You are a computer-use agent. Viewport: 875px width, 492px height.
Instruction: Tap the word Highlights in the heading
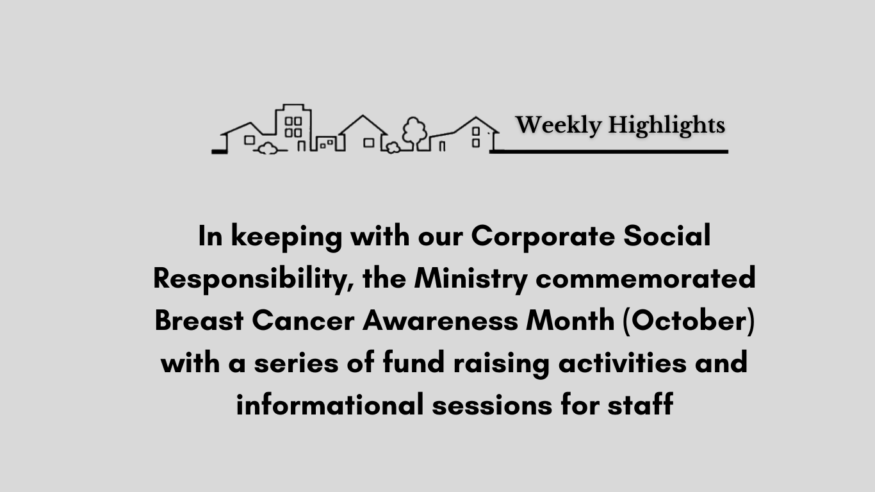coord(667,126)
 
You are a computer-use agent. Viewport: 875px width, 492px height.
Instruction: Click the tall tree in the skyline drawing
coord(414,132)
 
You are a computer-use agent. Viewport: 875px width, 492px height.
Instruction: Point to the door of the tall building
coord(301,146)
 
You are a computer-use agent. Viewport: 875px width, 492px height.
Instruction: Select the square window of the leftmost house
coord(249,140)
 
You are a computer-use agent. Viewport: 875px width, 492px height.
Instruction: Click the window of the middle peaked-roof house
coord(369,143)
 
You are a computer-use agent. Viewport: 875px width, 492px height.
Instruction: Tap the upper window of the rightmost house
coord(476,131)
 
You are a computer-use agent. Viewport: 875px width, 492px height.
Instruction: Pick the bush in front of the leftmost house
coord(267,149)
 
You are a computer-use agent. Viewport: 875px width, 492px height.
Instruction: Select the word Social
coord(667,235)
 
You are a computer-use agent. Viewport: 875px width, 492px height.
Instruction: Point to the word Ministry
coord(471,279)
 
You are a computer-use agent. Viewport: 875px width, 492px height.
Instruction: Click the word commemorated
coord(645,278)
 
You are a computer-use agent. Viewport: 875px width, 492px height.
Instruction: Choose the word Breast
coord(199,320)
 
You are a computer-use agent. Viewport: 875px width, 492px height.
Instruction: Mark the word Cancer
coord(303,320)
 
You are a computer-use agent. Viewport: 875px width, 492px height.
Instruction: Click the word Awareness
coord(440,320)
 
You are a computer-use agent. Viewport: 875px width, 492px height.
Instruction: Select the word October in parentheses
coord(689,320)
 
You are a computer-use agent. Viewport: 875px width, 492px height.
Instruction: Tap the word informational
coord(330,404)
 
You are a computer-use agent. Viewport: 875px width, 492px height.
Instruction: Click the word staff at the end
coord(640,404)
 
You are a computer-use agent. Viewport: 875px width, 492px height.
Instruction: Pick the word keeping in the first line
coord(287,237)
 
